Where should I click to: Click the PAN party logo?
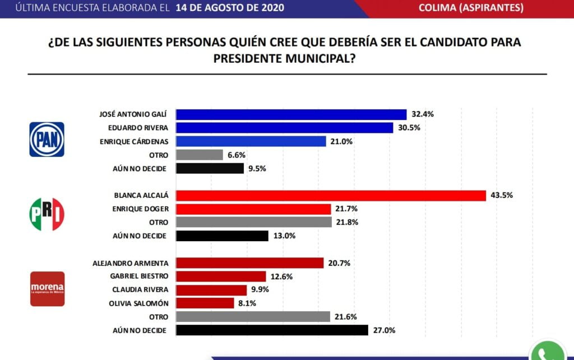[x=47, y=139]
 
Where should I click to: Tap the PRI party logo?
[x=47, y=214]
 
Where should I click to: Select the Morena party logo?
[x=47, y=289]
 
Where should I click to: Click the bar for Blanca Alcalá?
[x=331, y=195]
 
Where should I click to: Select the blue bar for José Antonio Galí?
[x=291, y=114]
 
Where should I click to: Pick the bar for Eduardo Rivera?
[x=284, y=128]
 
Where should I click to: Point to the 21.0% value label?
[x=341, y=141]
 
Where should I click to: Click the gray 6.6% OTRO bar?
[x=200, y=155]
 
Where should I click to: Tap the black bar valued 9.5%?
[x=210, y=168]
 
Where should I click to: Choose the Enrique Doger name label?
[x=140, y=209]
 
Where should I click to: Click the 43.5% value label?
[x=502, y=195]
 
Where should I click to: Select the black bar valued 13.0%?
[x=222, y=236]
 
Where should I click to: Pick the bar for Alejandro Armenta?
[x=249, y=262]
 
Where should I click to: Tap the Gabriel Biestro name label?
[x=138, y=276]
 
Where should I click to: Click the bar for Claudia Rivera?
[x=211, y=289]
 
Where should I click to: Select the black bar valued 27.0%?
[x=272, y=330]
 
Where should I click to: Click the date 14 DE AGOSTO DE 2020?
[x=229, y=8]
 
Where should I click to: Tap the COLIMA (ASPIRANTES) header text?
[x=471, y=8]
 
